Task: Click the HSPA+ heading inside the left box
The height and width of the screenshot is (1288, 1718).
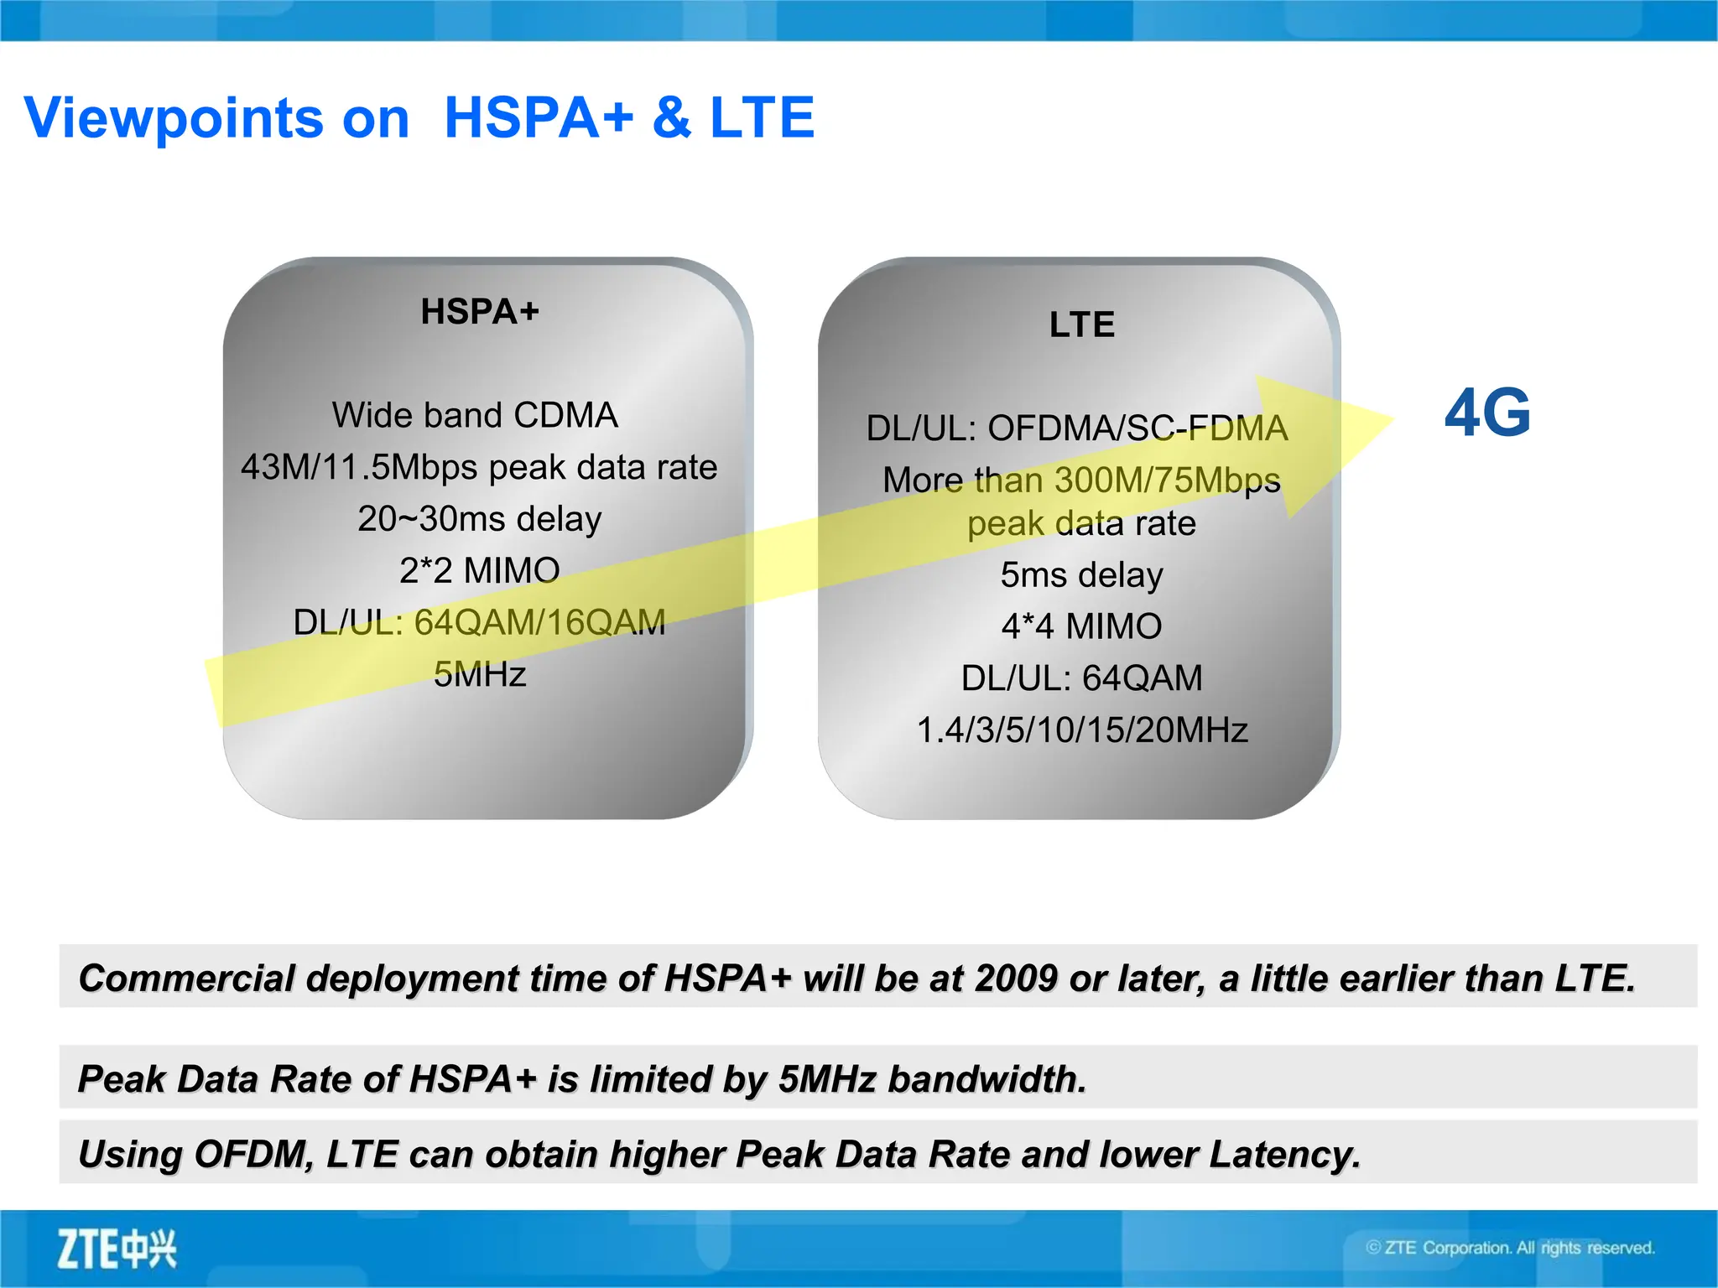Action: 480,312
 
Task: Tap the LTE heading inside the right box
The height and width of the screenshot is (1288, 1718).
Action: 1082,325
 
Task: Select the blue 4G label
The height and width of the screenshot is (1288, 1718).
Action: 1487,413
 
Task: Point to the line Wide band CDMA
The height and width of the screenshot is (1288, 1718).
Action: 475,415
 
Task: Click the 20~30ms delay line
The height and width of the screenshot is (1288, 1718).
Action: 480,519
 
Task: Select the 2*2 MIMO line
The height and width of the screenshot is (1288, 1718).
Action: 480,571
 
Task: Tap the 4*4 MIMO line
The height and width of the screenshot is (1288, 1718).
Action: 1082,626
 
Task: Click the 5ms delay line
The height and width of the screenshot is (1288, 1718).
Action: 1082,575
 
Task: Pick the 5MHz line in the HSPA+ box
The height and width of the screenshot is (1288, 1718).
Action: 480,674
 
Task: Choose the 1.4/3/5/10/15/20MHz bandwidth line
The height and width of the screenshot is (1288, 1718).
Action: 1082,730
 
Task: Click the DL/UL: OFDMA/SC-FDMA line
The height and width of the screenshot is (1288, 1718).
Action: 1077,428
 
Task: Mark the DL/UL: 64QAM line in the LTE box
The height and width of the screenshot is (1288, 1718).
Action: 1082,678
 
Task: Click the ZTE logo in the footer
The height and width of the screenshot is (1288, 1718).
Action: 117,1249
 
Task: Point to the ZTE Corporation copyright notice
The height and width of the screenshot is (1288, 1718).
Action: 1510,1248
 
